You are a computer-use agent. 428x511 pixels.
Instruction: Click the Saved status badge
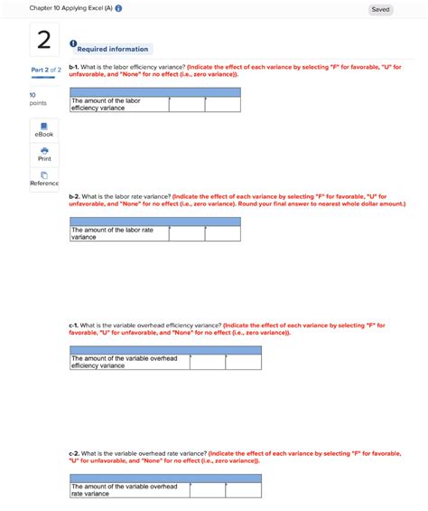click(380, 9)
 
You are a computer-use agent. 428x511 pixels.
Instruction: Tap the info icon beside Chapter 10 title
click(118, 9)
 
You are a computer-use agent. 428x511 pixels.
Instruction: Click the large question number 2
click(44, 42)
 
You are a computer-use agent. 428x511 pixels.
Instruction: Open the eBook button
click(44, 129)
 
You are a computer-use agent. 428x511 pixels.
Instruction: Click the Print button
click(44, 154)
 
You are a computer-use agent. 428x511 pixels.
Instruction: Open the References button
click(44, 178)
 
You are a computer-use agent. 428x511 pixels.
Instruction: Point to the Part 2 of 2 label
click(45, 70)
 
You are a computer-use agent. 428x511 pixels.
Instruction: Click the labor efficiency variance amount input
click(187, 105)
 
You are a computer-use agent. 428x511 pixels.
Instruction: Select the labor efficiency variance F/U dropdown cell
click(222, 105)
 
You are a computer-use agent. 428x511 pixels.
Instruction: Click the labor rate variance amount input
click(187, 233)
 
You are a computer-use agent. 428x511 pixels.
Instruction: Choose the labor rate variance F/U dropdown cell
click(222, 233)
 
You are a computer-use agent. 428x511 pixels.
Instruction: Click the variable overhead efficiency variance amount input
click(208, 362)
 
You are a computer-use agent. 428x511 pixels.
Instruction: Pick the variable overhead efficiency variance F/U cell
click(243, 362)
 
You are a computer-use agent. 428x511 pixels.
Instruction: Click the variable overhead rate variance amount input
click(208, 490)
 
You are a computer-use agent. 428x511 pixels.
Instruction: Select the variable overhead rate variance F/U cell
click(243, 490)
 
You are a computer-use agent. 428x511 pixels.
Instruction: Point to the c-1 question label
click(73, 325)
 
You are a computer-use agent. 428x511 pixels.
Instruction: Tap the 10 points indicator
click(37, 99)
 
